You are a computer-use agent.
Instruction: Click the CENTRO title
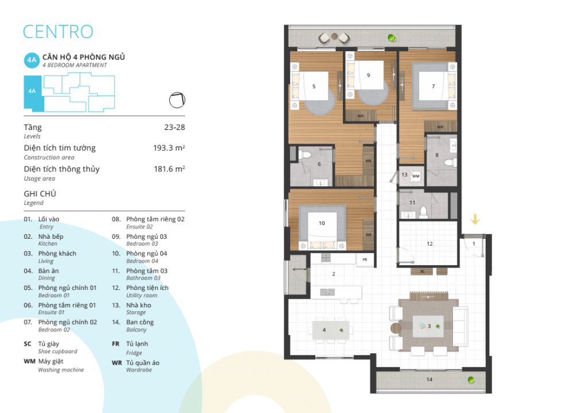[58, 32]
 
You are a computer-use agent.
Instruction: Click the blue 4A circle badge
[32, 60]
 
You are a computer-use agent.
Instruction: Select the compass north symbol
[177, 100]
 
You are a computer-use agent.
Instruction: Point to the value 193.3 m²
[169, 148]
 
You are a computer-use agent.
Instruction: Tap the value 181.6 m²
[169, 169]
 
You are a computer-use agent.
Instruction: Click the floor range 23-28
[175, 127]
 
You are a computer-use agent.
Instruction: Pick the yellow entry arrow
[475, 219]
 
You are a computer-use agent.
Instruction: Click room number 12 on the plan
[430, 244]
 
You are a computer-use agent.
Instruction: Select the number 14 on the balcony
[430, 380]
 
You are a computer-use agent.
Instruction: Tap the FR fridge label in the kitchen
[365, 259]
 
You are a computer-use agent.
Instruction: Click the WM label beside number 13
[416, 176]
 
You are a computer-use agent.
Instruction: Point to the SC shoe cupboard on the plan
[422, 271]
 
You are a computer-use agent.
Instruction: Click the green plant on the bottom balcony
[471, 380]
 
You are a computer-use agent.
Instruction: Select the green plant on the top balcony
[392, 37]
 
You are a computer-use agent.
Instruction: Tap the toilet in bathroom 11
[423, 212]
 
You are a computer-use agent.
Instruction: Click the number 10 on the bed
[322, 223]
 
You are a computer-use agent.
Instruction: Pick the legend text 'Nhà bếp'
[51, 236]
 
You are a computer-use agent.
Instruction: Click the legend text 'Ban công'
[140, 322]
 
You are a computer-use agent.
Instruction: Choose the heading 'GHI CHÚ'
[40, 193]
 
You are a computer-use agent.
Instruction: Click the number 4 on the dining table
[324, 330]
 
